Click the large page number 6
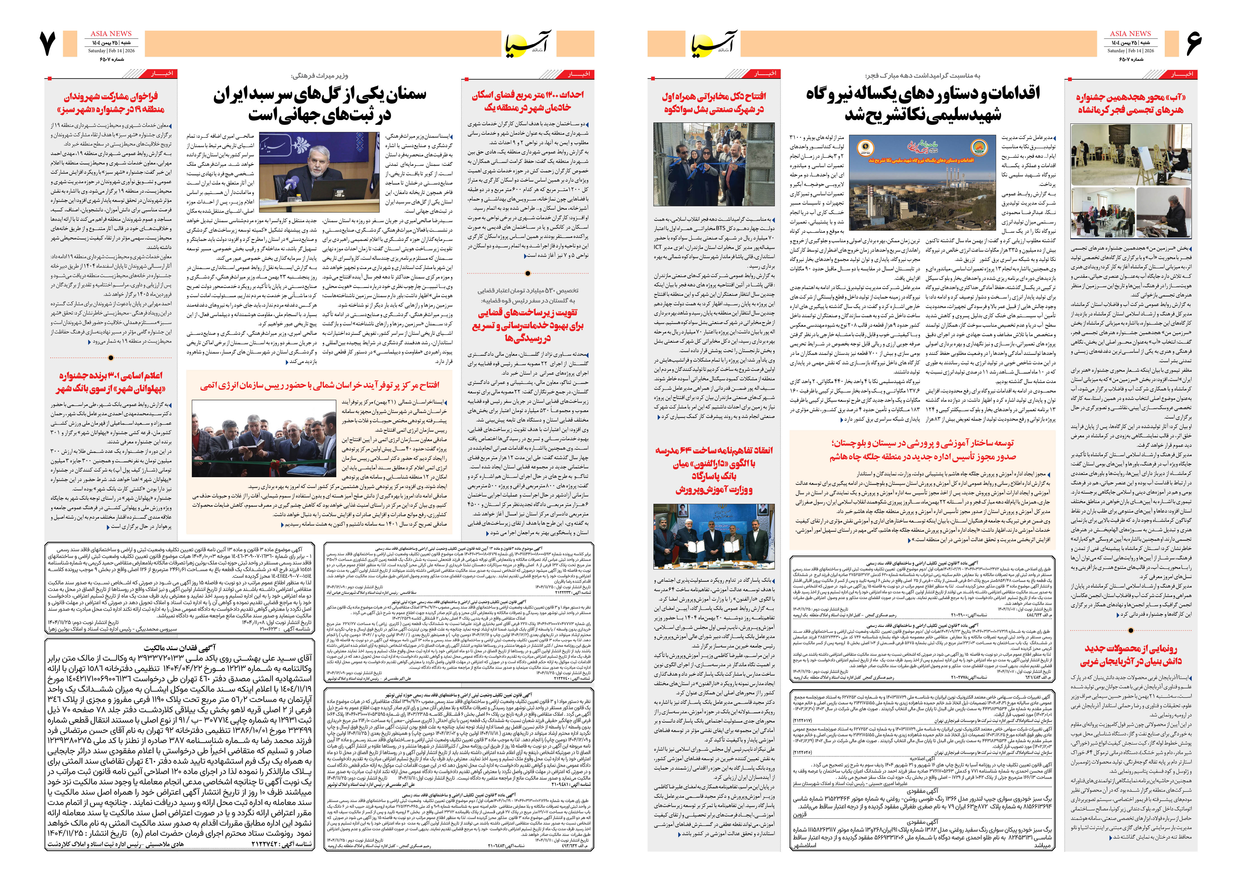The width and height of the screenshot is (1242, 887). pyautogui.click(x=1194, y=44)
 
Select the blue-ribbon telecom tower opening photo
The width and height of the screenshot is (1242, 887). pyautogui.click(x=713, y=164)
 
